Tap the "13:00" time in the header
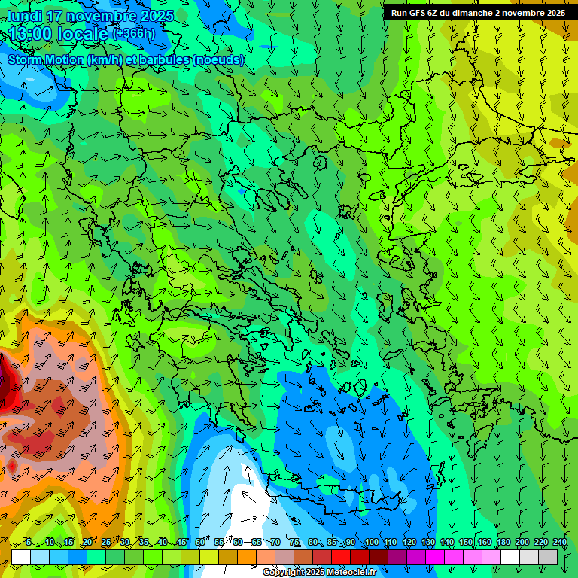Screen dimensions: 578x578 30,34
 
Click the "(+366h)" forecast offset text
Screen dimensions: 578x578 134,33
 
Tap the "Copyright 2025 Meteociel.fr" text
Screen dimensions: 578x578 320,573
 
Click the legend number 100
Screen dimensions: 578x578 371,543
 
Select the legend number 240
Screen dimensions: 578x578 560,543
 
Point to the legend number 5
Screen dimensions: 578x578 29,543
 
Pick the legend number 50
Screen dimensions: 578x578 199,543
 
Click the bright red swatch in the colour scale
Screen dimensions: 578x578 341,557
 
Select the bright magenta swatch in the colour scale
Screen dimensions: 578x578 435,557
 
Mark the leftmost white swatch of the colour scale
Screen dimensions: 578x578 21,557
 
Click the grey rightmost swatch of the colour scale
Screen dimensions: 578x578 548,557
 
